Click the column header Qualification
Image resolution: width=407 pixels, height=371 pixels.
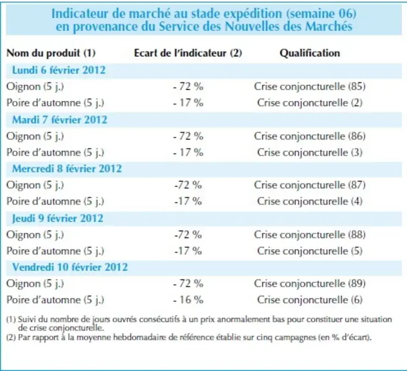[310, 53]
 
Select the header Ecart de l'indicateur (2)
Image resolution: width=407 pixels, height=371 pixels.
[188, 53]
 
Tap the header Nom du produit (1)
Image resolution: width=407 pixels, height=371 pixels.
[51, 53]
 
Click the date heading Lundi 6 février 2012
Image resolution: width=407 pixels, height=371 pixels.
[59, 70]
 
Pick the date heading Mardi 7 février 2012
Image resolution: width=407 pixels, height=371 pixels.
[60, 120]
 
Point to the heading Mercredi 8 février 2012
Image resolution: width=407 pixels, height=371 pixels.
[67, 169]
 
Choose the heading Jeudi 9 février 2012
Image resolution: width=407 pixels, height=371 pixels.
[57, 218]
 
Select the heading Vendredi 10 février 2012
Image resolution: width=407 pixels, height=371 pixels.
[70, 267]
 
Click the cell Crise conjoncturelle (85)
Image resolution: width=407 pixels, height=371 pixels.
[310, 87]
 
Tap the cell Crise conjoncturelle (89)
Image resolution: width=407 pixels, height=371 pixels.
[310, 283]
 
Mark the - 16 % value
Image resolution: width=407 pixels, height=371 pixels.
[188, 300]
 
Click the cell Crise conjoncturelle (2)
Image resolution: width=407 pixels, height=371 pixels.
[310, 103]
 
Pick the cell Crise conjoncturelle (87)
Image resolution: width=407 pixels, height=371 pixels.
[310, 185]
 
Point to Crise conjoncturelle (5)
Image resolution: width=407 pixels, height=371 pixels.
[310, 251]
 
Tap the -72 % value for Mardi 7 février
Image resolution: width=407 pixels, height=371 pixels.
[188, 137]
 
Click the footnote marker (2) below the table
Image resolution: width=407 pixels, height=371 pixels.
[11, 338]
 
